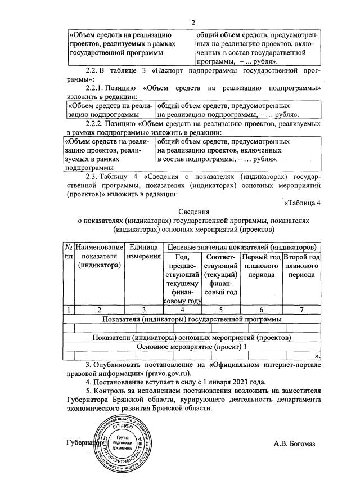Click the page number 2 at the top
(x=193, y=23)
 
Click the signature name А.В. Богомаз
(x=295, y=444)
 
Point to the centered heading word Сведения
(x=193, y=213)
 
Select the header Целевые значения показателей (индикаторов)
(x=242, y=247)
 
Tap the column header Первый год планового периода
(x=260, y=266)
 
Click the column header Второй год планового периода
(x=302, y=266)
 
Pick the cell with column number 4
(x=182, y=310)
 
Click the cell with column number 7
(x=302, y=310)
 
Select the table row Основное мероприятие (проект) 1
(x=193, y=347)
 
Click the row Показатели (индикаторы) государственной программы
(x=193, y=319)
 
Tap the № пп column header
(x=67, y=252)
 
